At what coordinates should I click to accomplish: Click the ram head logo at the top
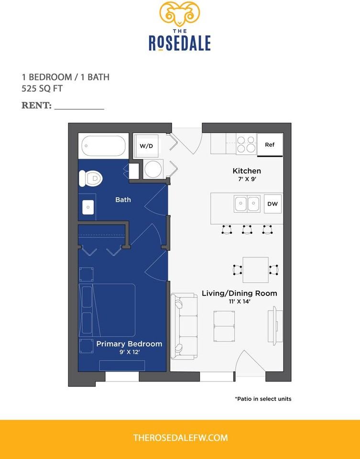(180, 14)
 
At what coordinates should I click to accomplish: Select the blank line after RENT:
(79, 106)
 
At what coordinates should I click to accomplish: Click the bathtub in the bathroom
(104, 146)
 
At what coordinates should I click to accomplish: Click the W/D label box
(146, 145)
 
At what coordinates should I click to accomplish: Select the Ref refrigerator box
(270, 144)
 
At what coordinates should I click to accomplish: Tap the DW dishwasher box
(272, 204)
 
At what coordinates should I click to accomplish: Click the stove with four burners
(247, 144)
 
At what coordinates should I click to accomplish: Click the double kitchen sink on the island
(247, 204)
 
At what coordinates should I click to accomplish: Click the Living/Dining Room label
(239, 293)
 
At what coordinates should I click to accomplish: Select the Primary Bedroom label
(129, 344)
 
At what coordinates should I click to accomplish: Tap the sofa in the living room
(184, 326)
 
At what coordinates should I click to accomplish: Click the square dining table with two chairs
(255, 270)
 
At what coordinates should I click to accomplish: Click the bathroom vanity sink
(88, 208)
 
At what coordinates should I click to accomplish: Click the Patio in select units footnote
(262, 398)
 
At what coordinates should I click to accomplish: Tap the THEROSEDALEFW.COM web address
(180, 437)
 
